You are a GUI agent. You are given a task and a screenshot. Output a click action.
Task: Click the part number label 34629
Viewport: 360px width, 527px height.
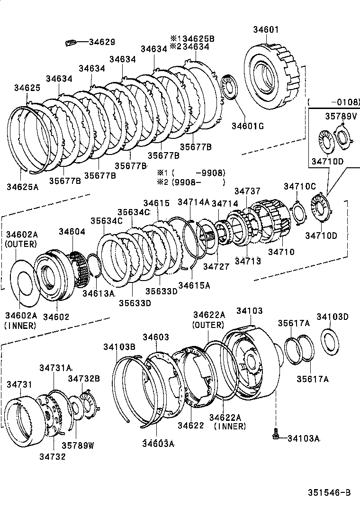(x=102, y=42)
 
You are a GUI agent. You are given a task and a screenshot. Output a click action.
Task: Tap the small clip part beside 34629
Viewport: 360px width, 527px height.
(x=70, y=43)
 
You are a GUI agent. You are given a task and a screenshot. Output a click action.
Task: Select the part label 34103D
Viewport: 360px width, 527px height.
(x=333, y=317)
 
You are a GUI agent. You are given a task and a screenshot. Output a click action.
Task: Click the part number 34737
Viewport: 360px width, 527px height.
(x=247, y=191)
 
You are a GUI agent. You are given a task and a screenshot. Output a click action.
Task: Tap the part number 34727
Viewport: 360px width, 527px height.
(x=216, y=267)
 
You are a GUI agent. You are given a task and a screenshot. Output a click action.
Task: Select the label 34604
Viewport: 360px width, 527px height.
(x=72, y=231)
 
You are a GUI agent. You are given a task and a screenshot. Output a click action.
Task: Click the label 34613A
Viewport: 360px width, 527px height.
(x=99, y=293)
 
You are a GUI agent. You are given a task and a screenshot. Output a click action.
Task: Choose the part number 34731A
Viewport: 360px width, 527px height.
(x=55, y=368)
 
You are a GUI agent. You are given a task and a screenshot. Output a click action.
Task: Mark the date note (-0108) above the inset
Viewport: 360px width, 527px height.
(x=333, y=101)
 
